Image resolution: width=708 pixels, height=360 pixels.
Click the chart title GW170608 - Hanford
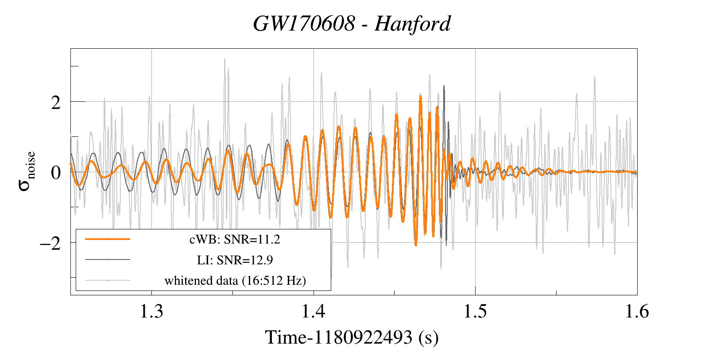[352, 23]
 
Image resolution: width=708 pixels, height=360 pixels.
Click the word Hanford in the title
[412, 23]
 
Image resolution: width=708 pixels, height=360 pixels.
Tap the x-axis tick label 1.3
[152, 312]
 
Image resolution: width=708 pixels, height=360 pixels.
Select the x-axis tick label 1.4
[313, 312]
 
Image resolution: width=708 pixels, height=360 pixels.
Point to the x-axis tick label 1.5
[475, 312]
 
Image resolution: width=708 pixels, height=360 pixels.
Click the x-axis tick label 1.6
[637, 312]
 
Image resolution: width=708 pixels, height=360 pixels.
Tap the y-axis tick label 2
[55, 103]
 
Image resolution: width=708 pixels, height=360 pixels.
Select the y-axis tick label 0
[55, 173]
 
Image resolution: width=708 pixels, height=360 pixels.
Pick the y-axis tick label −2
[50, 243]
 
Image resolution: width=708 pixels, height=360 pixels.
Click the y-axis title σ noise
[27, 171]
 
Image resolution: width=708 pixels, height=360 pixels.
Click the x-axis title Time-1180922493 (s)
[352, 337]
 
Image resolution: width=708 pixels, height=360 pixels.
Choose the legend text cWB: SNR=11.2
[235, 240]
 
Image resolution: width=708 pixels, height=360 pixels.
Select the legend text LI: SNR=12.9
[235, 260]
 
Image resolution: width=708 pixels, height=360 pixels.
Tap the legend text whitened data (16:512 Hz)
[235, 281]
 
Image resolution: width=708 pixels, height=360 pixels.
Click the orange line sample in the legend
[108, 239]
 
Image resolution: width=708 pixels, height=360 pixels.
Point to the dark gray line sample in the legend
[108, 259]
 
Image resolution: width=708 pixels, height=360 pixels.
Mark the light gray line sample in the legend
[108, 280]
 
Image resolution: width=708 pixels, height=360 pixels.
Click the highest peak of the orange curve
[420, 97]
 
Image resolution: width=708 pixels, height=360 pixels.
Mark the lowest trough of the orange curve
[415, 245]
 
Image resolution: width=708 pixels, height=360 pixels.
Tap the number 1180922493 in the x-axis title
[363, 337]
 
